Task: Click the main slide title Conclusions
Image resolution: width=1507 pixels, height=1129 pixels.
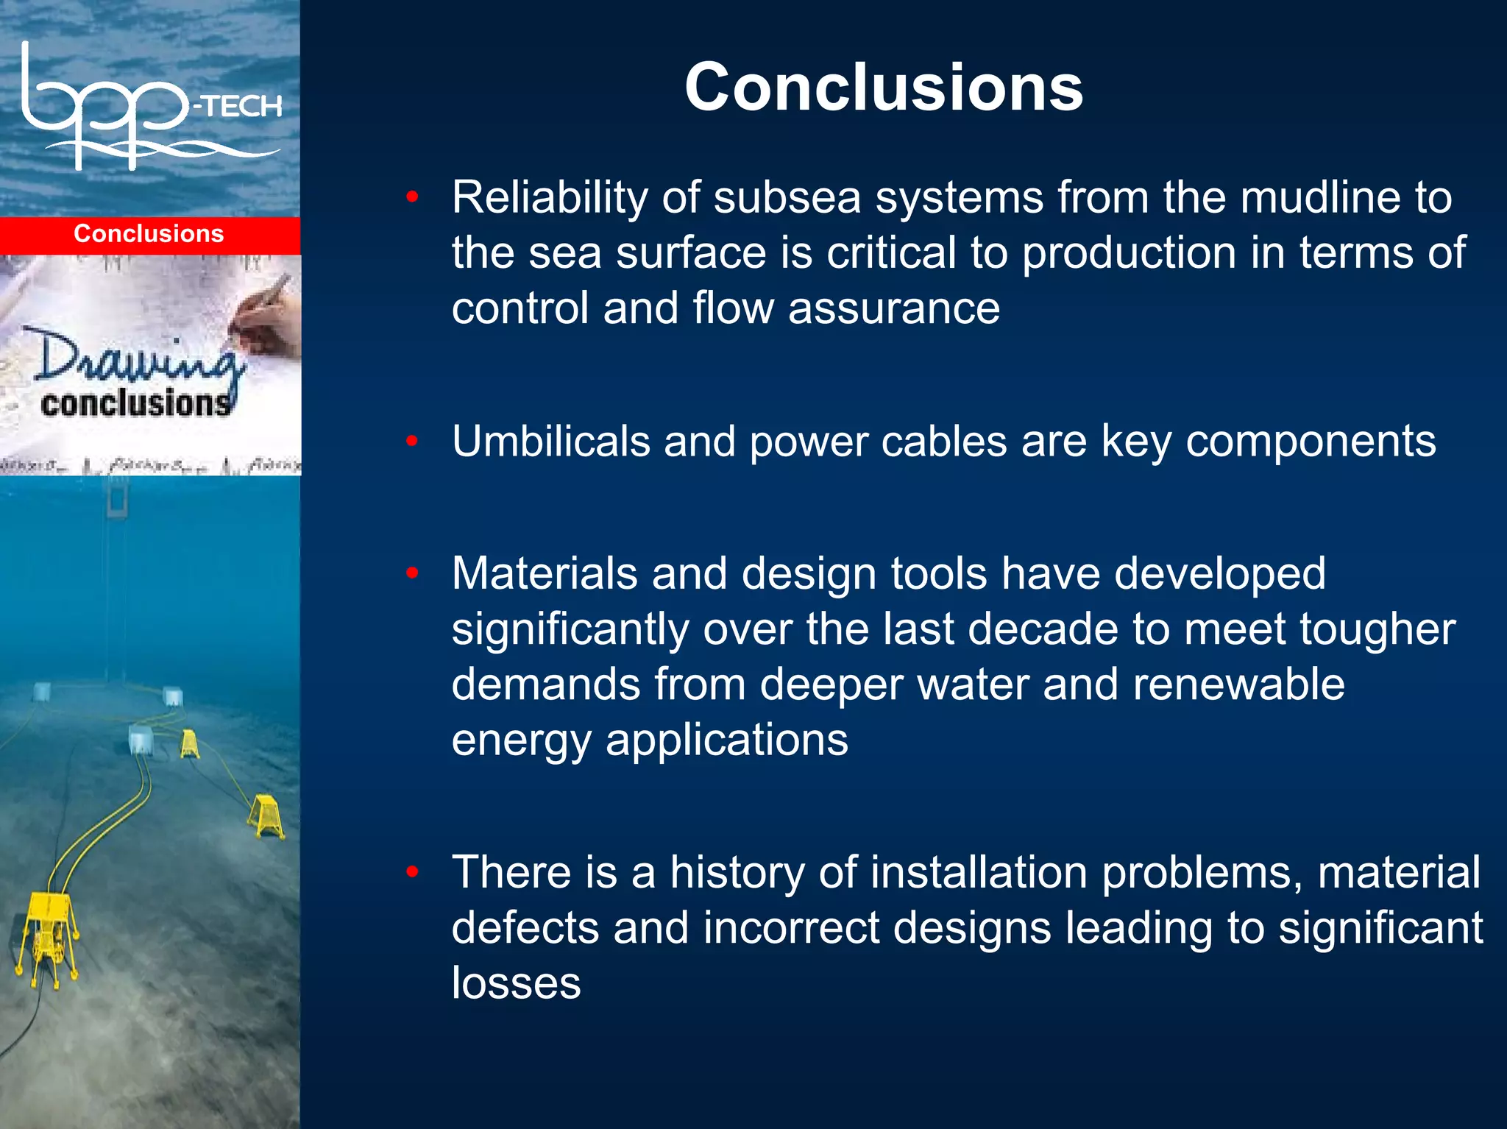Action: coord(883,87)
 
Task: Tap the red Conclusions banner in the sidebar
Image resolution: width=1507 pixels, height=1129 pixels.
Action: coord(149,234)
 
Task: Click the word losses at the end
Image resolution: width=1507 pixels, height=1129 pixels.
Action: coord(516,983)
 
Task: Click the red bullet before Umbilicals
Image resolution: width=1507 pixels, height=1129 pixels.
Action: coord(412,441)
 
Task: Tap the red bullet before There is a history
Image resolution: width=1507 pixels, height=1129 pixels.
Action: coord(412,872)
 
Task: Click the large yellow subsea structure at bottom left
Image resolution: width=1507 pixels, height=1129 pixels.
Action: coord(48,931)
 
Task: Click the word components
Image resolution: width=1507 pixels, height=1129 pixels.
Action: coord(1311,441)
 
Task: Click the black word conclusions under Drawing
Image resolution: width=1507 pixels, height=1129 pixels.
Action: coord(135,403)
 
